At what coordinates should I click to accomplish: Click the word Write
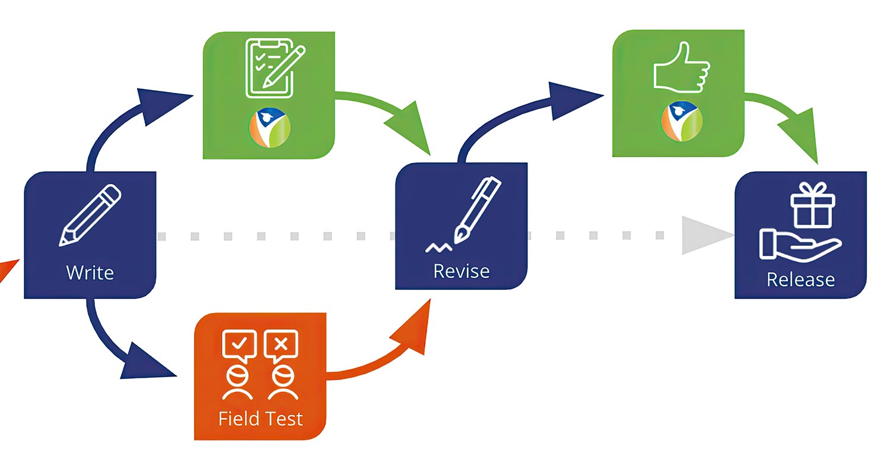tap(90, 273)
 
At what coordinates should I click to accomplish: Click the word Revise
tap(461, 271)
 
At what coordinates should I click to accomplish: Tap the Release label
tap(800, 279)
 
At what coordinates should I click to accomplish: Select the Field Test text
tap(260, 418)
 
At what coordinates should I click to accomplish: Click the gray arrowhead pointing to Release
tap(703, 236)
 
